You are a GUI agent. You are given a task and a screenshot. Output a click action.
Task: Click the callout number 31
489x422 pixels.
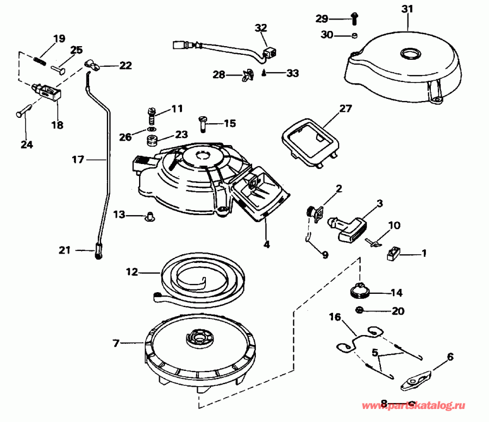click(x=407, y=9)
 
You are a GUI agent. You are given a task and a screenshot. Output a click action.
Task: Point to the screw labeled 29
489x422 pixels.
click(x=354, y=18)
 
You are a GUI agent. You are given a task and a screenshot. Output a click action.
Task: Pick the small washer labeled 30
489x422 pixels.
click(x=354, y=36)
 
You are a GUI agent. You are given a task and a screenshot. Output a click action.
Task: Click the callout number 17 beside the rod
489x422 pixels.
click(x=79, y=160)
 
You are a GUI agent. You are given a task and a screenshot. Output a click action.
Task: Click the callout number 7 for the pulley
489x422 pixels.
click(x=115, y=343)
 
